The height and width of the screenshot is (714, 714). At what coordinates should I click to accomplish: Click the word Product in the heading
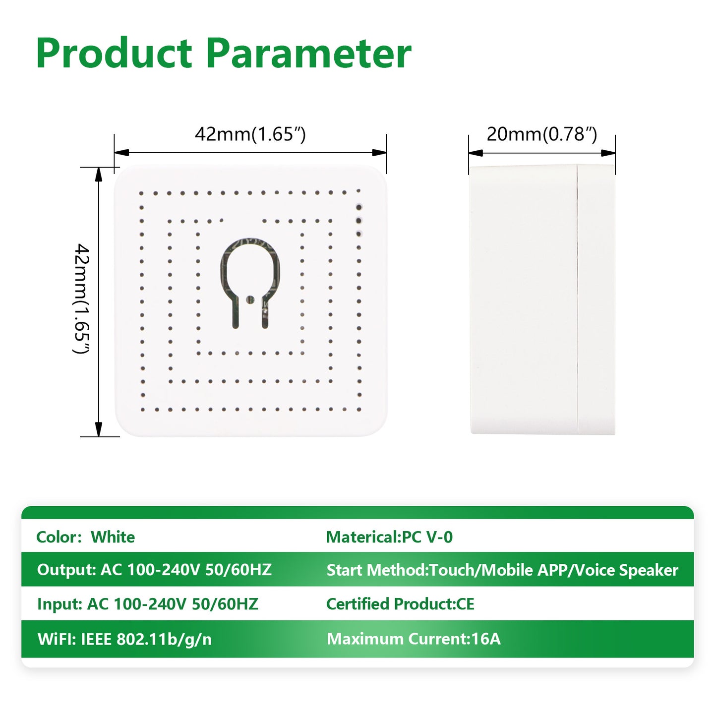pyautogui.click(x=114, y=53)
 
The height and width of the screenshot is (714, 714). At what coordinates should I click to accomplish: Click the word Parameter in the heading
pyautogui.click(x=308, y=53)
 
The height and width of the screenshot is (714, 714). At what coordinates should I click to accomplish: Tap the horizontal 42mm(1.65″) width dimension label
pyautogui.click(x=250, y=134)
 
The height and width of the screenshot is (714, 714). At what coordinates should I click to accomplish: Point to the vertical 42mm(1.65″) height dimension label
pyautogui.click(x=81, y=298)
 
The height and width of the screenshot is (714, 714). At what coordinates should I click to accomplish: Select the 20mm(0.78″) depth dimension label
pyautogui.click(x=541, y=134)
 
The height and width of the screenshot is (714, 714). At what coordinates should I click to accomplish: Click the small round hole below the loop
pyautogui.click(x=250, y=298)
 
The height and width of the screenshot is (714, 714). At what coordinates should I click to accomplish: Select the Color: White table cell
pyautogui.click(x=86, y=537)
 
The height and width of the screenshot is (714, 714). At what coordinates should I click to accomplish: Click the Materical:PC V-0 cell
pyautogui.click(x=389, y=537)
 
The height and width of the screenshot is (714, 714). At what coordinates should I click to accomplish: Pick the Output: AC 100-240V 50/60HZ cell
pyautogui.click(x=154, y=570)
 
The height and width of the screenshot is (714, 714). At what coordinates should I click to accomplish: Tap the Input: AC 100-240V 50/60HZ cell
pyautogui.click(x=147, y=604)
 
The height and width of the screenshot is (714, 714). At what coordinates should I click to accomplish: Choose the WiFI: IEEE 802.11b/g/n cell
pyautogui.click(x=124, y=639)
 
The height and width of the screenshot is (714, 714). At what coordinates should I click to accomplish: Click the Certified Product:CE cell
pyautogui.click(x=400, y=604)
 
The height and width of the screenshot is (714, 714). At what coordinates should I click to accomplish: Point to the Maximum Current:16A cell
pyautogui.click(x=414, y=639)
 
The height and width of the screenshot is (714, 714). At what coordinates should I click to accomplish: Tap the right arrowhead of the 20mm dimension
pyautogui.click(x=608, y=153)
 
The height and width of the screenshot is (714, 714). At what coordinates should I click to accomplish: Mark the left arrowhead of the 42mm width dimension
pyautogui.click(x=122, y=153)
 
